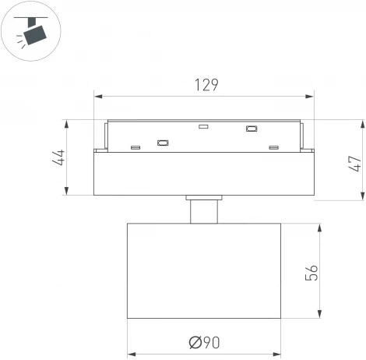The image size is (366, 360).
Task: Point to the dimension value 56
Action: (311, 272)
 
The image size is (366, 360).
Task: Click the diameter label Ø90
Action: (204, 341)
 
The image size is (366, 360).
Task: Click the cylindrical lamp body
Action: (204, 271)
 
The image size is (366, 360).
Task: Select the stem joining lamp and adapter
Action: (204, 211)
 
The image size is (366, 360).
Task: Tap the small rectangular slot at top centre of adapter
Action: (203, 126)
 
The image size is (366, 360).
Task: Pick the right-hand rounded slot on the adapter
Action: (252, 129)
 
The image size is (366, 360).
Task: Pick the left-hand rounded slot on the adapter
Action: (163, 142)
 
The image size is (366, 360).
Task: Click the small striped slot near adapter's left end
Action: (135, 147)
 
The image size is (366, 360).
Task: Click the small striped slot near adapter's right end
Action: (273, 147)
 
